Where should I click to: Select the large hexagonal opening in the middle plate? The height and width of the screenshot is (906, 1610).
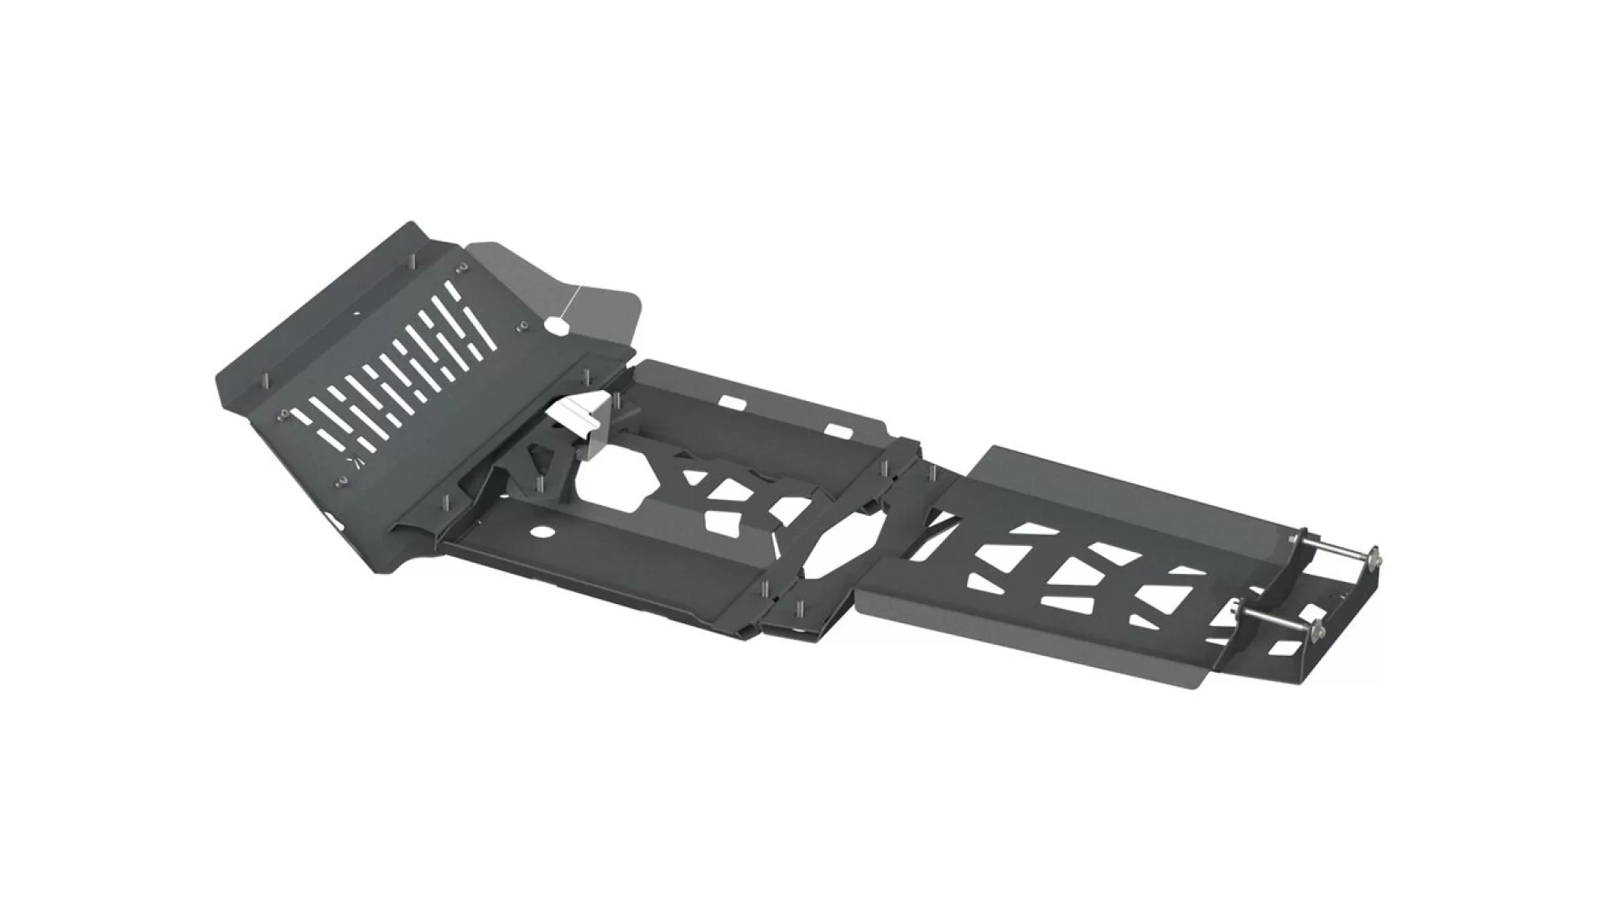(619, 477)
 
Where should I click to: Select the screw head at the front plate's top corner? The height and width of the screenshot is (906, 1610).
(461, 268)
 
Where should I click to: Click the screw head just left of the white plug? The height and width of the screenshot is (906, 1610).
(523, 324)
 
